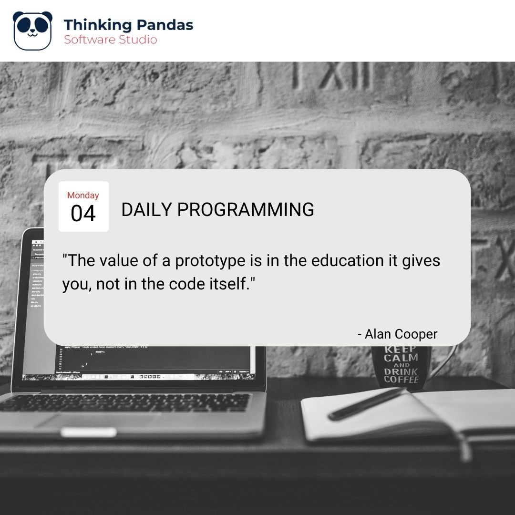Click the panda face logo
[x=32, y=31]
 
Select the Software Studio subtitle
[x=110, y=40]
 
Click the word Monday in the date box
[x=83, y=196]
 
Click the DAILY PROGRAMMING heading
[x=217, y=210]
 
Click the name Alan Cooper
[x=401, y=334]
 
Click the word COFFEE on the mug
[x=401, y=380]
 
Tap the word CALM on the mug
[x=402, y=358]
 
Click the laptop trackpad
[x=88, y=432]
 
